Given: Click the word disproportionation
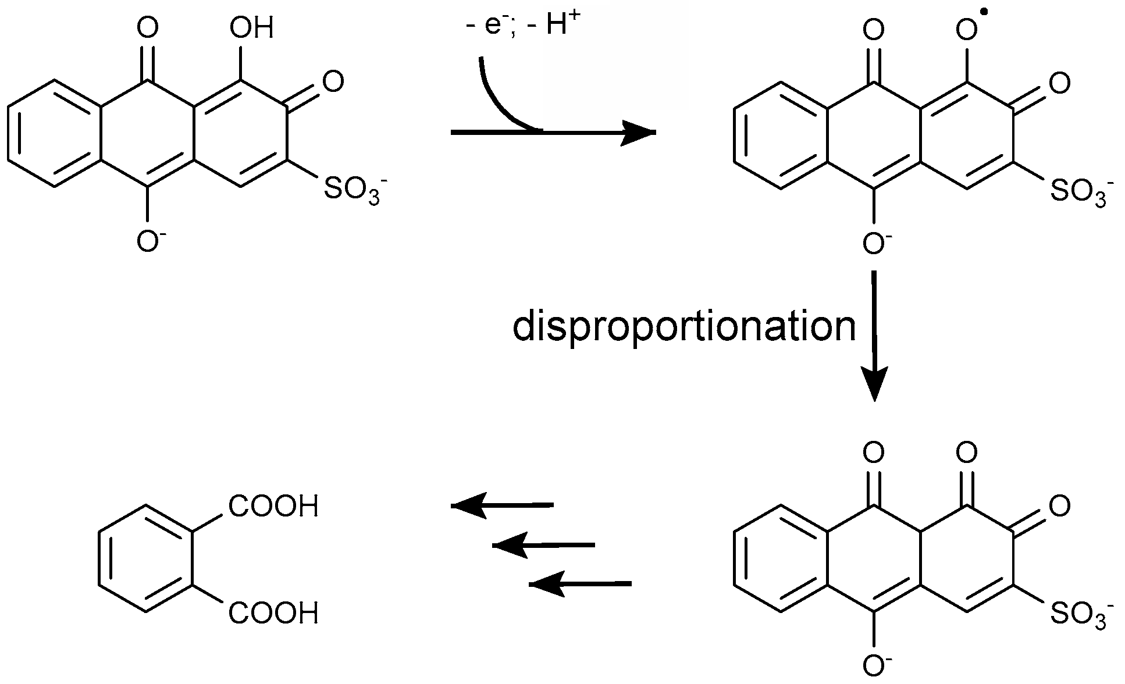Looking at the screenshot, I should (x=684, y=327).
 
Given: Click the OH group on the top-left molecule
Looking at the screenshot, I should (x=251, y=28).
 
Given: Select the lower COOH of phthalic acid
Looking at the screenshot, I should (x=273, y=614).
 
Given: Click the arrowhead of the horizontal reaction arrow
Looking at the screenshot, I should (x=640, y=133).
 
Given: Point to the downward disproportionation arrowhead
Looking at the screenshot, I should (x=874, y=384).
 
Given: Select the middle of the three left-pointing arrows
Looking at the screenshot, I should (x=544, y=546).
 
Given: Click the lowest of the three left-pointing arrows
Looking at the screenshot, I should (x=581, y=583).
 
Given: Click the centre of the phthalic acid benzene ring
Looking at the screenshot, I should (x=145, y=560).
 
